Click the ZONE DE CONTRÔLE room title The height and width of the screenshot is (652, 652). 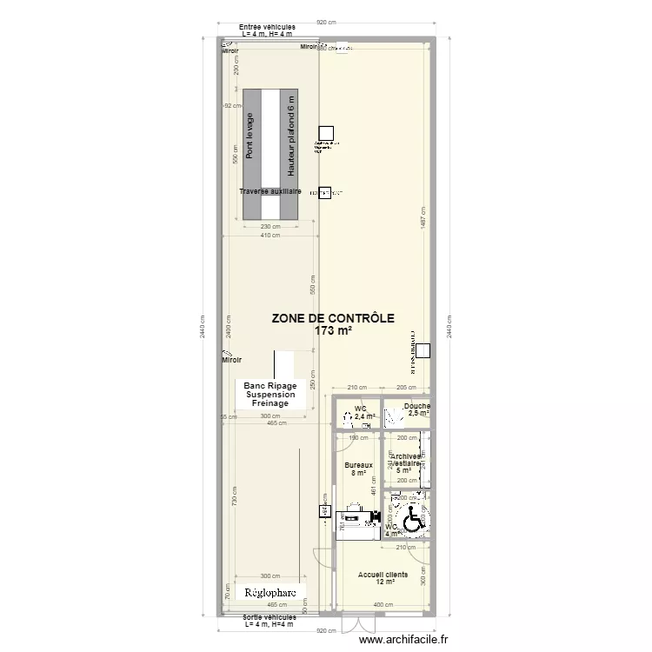333,318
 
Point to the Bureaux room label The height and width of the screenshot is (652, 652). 358,465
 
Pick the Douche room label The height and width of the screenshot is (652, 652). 417,406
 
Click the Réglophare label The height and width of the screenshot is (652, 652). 269,593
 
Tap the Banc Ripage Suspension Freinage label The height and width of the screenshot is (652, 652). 270,394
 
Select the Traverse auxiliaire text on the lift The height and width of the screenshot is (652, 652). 270,190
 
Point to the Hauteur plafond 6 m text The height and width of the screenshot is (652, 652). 292,137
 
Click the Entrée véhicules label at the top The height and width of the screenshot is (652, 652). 268,27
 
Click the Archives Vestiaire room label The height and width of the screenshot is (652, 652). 407,460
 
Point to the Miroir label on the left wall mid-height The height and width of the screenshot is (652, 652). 231,359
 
